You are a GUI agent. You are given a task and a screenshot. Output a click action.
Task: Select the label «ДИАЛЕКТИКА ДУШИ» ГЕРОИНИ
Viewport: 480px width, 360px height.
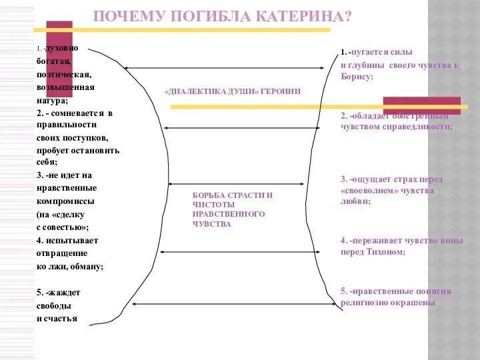coord(232,92)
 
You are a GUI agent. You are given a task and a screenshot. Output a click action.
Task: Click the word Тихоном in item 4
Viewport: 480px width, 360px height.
coord(384,252)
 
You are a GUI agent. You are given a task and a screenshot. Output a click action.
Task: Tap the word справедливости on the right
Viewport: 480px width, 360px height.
coord(419,126)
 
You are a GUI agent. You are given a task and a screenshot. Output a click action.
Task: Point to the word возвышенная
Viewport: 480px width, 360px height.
coord(65,87)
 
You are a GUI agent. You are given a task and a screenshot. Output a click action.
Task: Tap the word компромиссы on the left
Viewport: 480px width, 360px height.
coord(65,201)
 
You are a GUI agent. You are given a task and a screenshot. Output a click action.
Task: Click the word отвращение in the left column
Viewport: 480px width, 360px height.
coord(62,253)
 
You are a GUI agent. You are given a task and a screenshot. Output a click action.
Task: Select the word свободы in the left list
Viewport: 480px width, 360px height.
coord(54,305)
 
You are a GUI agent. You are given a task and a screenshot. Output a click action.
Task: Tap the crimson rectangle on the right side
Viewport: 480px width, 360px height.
coord(421,105)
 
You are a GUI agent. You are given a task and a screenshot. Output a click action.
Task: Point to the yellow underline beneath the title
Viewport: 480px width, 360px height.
coord(200,30)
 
